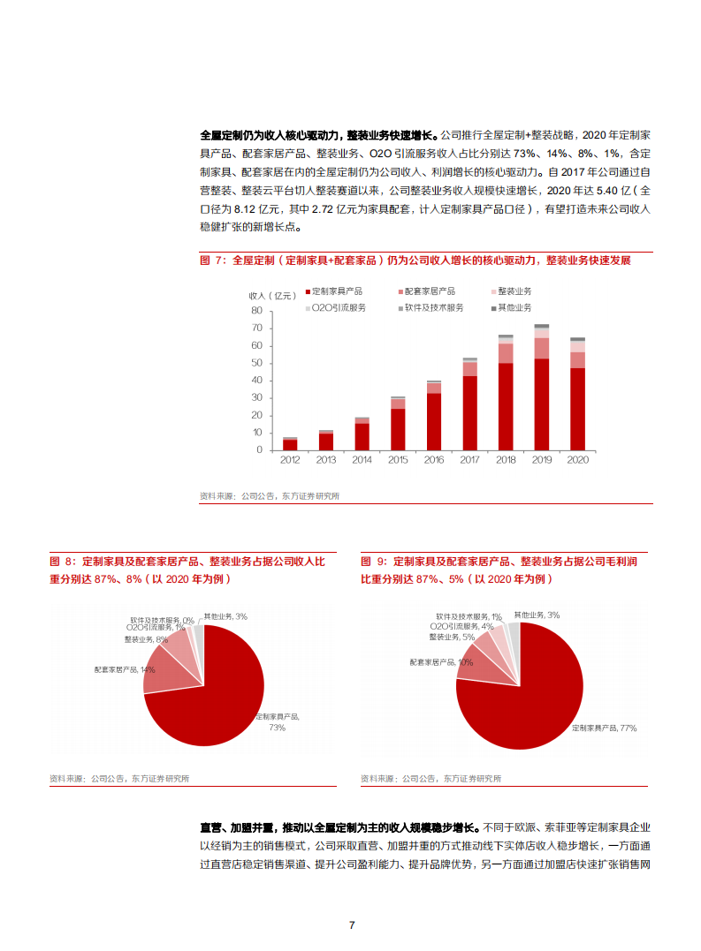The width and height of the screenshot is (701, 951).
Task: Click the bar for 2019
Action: click(x=541, y=389)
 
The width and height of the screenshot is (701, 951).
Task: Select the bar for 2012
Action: click(x=290, y=443)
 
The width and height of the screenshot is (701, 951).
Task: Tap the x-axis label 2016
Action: click(x=433, y=460)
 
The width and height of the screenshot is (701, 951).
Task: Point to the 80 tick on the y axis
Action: click(x=257, y=310)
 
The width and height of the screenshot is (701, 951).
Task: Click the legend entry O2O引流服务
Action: click(x=336, y=307)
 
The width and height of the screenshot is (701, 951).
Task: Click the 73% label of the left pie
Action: click(x=278, y=728)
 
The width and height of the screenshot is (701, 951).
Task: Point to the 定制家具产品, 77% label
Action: click(x=604, y=728)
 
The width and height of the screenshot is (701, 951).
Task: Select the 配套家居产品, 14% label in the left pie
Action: click(x=124, y=670)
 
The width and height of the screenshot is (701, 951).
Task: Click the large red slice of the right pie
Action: click(x=522, y=698)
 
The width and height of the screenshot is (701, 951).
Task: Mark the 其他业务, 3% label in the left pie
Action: click(x=225, y=615)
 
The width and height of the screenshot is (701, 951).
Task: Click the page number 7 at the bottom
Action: click(x=351, y=925)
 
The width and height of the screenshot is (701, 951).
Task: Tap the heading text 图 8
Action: click(x=61, y=562)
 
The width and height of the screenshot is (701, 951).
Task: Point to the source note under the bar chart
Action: click(x=269, y=496)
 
